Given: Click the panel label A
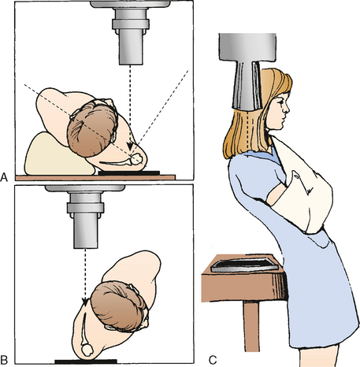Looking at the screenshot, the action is coord(4,177).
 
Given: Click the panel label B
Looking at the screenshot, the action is coord(4,359).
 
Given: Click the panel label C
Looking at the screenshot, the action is coord(213,360).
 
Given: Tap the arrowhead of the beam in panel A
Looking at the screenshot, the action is coord(130,146).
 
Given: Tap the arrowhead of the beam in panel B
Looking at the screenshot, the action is coord(85,302).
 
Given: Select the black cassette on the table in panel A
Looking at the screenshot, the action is coord(129,173).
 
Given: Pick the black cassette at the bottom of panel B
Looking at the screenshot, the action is coord(86,361).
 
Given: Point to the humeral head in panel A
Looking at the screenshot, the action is coord(137,159).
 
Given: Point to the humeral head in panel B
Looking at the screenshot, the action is coord(87,350).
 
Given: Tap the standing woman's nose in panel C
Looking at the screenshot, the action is coord(288,108).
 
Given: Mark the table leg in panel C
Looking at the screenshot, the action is coord(251,326).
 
